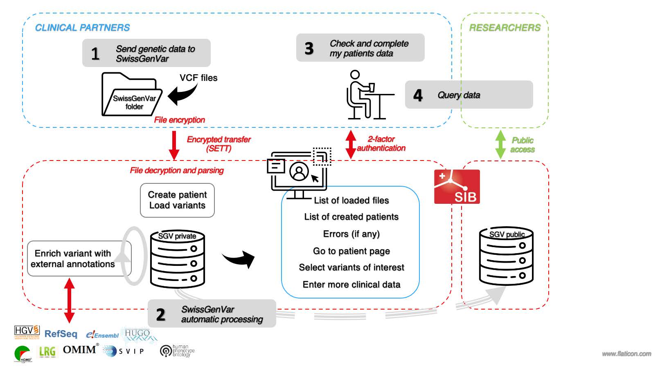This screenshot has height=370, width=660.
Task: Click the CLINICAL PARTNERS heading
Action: click(x=82, y=28)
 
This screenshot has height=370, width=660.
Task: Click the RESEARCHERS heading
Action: click(x=505, y=28)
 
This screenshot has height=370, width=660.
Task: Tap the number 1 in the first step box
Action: click(x=95, y=54)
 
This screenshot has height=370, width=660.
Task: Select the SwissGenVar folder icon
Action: click(x=131, y=95)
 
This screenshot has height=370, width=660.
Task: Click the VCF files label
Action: click(x=198, y=78)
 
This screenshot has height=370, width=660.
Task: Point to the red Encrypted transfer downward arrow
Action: click(x=174, y=145)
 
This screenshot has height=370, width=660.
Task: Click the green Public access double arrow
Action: click(x=500, y=144)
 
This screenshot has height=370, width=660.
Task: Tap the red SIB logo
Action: click(x=457, y=187)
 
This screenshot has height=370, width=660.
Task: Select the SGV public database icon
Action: click(x=506, y=257)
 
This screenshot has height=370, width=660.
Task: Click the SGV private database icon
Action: click(x=177, y=259)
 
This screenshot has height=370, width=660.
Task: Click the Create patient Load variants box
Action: click(x=177, y=200)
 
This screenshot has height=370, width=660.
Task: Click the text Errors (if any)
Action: click(x=351, y=234)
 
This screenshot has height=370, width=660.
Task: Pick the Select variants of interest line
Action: click(x=351, y=267)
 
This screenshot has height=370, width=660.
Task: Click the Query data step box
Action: click(x=469, y=95)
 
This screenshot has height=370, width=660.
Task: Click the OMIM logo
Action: click(x=80, y=350)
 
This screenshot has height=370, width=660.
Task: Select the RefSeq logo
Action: click(x=61, y=334)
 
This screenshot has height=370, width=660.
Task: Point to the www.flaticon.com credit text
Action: click(x=626, y=354)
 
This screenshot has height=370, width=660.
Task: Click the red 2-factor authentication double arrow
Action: click(x=351, y=144)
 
